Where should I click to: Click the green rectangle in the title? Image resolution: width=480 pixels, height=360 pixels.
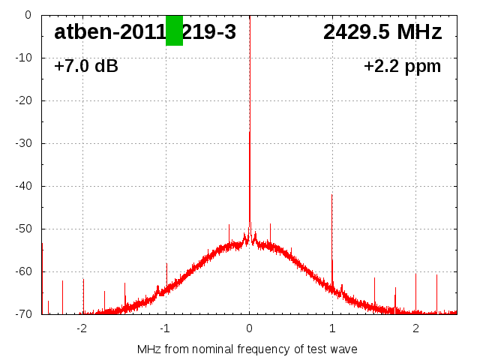174,31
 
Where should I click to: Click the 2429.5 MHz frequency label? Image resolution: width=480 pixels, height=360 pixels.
382,32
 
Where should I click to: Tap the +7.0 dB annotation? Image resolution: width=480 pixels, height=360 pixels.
86,67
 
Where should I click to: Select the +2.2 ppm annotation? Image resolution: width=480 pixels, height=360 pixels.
403,67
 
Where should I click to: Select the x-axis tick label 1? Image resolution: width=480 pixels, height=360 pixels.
332,328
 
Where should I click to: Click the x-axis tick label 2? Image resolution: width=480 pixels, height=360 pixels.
415,328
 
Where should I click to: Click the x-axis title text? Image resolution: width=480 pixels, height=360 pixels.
247,349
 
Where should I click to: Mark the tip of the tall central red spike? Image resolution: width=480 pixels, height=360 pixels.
250,133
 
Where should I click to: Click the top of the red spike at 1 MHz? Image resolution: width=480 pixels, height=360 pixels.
332,195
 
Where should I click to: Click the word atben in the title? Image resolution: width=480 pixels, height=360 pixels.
79,32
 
